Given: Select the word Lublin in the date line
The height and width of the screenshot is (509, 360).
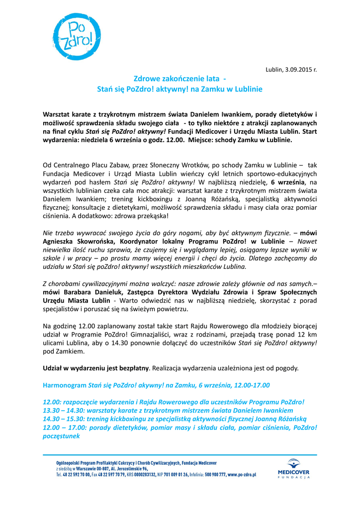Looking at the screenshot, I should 273,69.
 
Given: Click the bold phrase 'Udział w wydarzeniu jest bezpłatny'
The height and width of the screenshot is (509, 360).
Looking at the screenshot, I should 96,368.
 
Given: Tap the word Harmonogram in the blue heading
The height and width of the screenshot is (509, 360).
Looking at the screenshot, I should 64,385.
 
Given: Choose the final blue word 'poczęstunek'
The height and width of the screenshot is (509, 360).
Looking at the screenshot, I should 62,435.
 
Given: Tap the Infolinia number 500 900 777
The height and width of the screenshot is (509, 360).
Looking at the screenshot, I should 215,475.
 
